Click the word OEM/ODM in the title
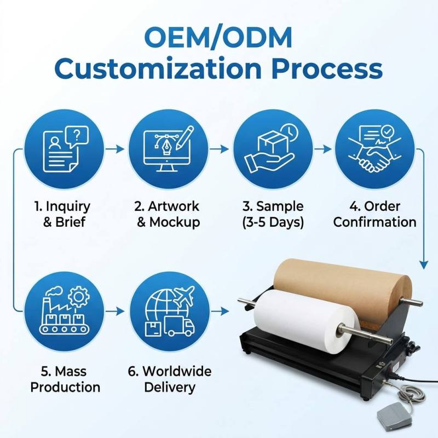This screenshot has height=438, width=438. pos(218,37)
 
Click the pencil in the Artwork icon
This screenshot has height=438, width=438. pos(185,137)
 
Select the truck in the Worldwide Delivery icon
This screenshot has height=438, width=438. pos(180,326)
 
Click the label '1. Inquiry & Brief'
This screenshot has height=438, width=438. pos(62,214)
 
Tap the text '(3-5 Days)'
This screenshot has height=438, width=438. pos(273,222)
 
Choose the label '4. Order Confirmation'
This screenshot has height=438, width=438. pos(374,214)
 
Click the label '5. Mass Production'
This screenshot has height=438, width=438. pos(65,379)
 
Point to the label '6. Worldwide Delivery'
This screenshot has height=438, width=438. pos(170,379)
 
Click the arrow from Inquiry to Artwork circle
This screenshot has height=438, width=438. pos(115,149)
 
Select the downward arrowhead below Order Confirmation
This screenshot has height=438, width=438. pos(424,265)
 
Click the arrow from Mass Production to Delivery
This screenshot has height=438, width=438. pos(115,311)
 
